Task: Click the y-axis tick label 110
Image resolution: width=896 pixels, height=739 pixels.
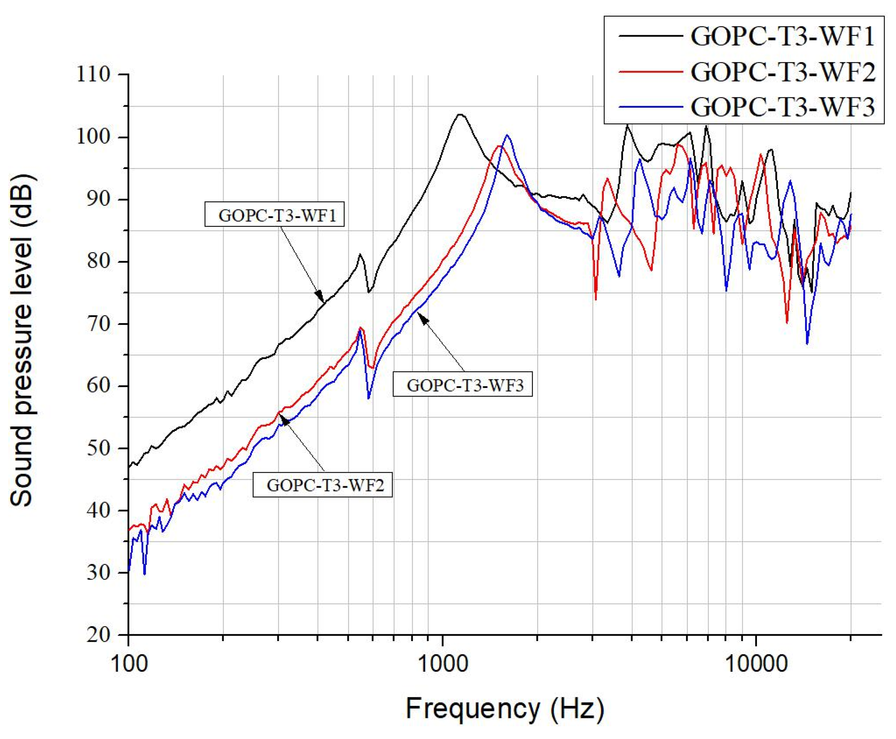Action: pos(93,75)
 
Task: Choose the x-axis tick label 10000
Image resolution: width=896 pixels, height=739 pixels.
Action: pos(756,664)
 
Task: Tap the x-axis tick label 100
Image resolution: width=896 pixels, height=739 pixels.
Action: pos(129,664)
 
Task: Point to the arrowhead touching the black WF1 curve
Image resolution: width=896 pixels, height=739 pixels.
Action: pos(320,297)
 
